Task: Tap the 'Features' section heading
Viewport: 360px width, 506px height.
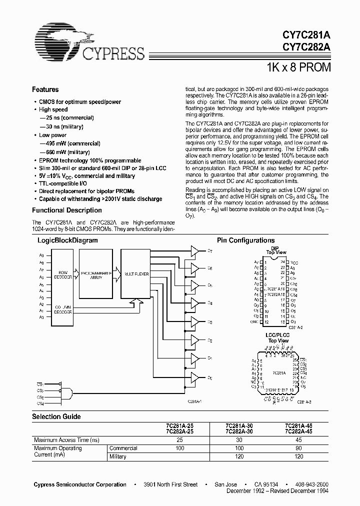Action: (45, 89)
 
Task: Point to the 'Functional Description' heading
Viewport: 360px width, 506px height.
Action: (66, 210)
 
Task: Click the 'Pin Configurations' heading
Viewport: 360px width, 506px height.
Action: (245, 240)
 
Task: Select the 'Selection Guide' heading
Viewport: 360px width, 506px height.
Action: (56, 416)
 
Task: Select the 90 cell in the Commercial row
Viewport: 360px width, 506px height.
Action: (298, 448)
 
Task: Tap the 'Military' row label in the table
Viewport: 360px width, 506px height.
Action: (118, 456)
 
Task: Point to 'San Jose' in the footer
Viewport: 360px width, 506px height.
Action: (225, 484)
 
